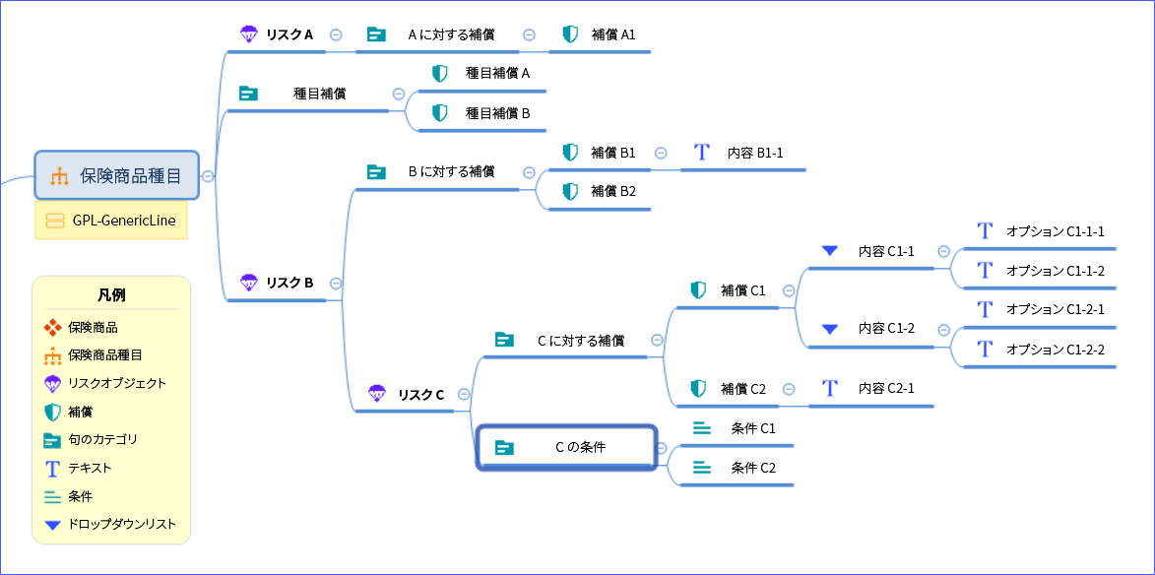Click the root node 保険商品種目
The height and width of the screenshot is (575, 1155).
117,176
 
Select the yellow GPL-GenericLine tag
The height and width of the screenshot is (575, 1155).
111,221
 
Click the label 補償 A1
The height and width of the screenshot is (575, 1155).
613,34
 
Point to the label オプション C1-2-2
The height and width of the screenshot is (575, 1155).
1055,350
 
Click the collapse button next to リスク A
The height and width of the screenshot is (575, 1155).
336,34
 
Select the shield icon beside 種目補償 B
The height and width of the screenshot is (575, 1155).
440,113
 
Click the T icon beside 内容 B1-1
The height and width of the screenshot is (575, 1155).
701,153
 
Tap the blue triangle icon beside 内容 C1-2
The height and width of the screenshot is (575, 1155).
829,329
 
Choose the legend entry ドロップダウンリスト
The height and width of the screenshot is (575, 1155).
122,524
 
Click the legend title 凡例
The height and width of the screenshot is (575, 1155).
111,294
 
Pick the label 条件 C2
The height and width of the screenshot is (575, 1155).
753,468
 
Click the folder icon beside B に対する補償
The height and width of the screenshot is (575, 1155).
376,171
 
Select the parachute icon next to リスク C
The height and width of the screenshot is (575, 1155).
376,394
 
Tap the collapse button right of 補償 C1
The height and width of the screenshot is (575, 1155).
788,290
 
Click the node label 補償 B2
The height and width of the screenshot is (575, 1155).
613,191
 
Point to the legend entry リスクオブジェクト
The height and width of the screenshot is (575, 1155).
117,383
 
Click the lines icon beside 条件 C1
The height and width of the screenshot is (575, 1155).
701,428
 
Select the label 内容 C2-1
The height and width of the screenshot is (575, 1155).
886,388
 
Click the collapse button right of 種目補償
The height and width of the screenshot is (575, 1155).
399,94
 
